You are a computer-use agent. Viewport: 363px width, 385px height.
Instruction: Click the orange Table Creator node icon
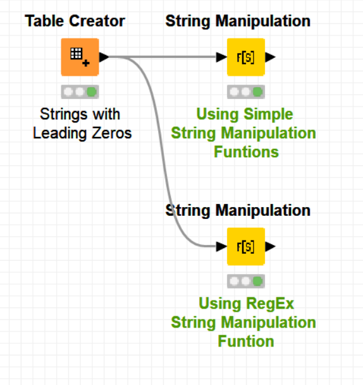80,57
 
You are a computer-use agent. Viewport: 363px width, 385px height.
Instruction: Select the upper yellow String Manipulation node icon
246,57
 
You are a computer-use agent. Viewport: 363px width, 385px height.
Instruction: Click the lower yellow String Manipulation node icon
246,246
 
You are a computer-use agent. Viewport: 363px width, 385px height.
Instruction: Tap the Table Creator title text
75,21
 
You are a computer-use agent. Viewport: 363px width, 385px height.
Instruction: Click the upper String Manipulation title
238,21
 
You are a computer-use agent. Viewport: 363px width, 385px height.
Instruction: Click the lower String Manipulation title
238,210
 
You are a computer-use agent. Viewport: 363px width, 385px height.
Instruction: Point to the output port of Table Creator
104,57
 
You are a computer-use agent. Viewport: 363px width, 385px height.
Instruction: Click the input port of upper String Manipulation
222,57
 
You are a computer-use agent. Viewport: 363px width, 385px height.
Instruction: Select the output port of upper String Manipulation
271,57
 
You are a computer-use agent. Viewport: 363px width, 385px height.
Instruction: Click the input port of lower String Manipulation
222,246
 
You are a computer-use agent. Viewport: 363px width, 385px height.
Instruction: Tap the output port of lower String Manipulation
271,246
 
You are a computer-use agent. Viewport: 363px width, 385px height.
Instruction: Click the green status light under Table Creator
92,92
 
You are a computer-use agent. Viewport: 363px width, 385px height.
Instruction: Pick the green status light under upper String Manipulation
257,92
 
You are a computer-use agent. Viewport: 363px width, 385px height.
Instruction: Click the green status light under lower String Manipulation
257,281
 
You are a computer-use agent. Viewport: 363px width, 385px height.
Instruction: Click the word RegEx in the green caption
271,304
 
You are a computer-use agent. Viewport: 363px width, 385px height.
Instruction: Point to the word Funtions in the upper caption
246,152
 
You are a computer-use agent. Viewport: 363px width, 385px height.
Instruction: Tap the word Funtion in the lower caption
246,341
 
